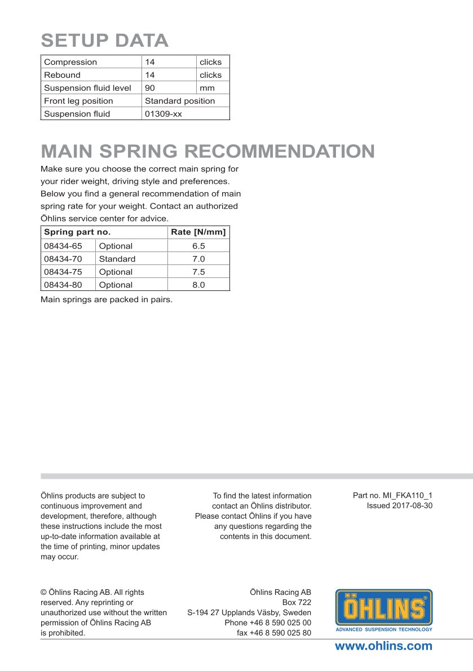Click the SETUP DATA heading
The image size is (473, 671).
tap(105, 41)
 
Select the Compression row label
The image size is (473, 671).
tap(70, 62)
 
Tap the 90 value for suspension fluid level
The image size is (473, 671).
tap(150, 88)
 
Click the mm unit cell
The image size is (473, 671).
tap(207, 88)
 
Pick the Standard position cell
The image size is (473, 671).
tap(180, 101)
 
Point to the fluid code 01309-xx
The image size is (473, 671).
tap(163, 114)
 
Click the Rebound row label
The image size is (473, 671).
tap(62, 75)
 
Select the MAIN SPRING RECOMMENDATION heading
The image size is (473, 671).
tap(207, 151)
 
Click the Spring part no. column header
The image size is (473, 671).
tap(77, 232)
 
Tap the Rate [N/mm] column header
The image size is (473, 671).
tap(198, 232)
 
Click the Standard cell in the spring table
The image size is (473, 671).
tap(117, 259)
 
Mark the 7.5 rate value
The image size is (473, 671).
tap(198, 272)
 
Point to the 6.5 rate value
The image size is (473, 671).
tap(198, 246)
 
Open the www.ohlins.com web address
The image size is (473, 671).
tap(383, 646)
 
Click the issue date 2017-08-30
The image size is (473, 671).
tap(412, 506)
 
